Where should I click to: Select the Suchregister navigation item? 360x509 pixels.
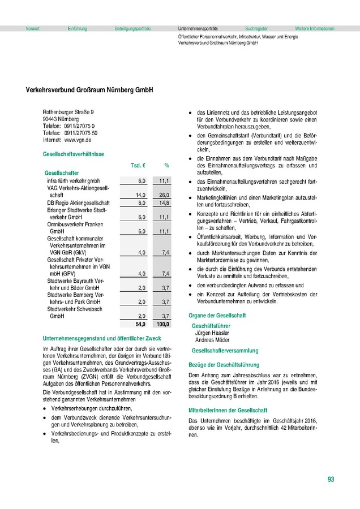(x=256, y=28)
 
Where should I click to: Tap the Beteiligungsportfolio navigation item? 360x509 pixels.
(x=132, y=28)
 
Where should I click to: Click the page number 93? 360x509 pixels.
(x=331, y=480)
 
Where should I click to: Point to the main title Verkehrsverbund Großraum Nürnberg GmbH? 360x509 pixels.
(x=90, y=90)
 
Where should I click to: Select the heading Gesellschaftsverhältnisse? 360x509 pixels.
(x=72, y=154)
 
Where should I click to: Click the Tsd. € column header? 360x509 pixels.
(x=139, y=166)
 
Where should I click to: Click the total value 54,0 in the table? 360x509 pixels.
(x=140, y=325)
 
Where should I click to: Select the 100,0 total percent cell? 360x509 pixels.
(x=162, y=325)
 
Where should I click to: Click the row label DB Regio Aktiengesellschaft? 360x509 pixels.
(x=78, y=202)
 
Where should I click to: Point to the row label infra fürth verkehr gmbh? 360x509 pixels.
(x=73, y=180)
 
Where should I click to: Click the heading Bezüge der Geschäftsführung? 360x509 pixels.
(x=224, y=365)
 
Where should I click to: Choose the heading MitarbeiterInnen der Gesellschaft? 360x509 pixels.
(x=229, y=409)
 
